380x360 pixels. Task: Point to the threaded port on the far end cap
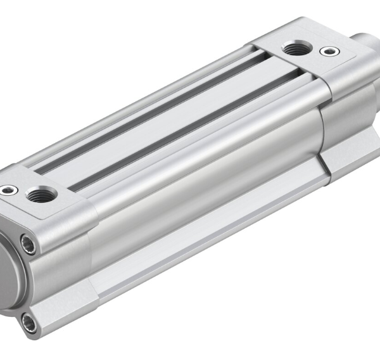293,47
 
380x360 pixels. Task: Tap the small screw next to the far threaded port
327,51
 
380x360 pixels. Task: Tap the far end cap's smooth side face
348,108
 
